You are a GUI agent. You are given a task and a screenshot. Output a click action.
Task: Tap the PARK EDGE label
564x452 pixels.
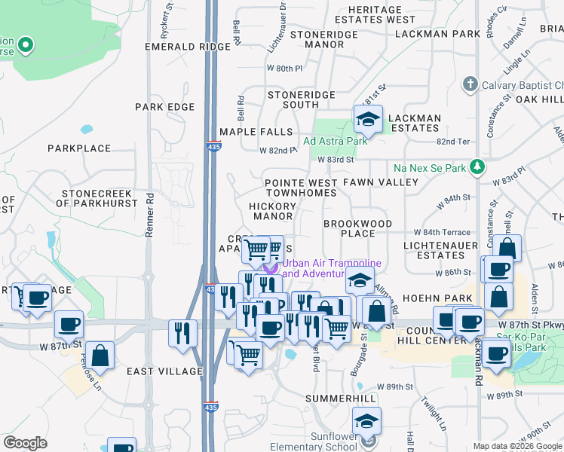pos(165,107)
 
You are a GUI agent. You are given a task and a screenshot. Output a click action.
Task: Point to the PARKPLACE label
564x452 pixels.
pos(79,148)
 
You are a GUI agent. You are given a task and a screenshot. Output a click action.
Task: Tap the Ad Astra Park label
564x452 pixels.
pos(335,141)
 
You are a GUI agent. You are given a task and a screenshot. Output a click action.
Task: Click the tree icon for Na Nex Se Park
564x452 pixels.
pos(477,165)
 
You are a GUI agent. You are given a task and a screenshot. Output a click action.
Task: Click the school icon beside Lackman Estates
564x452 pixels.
pos(367,119)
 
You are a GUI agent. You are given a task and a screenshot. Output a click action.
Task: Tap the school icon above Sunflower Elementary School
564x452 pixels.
pos(366,420)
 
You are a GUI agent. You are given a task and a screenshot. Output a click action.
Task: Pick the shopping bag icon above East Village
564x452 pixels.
pos(100,355)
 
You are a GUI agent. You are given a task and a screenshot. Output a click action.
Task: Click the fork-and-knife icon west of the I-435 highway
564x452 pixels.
pos(182,332)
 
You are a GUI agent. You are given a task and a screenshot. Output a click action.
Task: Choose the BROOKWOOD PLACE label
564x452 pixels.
pos(357,229)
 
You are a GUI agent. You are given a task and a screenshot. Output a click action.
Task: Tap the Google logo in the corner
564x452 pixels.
pos(26,443)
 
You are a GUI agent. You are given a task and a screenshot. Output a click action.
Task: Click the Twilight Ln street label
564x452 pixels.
pos(432,412)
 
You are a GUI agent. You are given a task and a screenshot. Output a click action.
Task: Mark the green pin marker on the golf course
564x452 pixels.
pos(25,46)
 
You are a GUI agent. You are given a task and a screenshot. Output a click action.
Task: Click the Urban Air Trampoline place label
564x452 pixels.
pos(332,268)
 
